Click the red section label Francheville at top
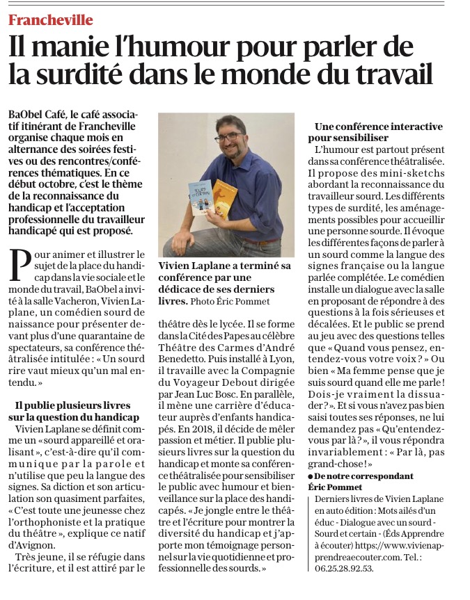click(x=50, y=20)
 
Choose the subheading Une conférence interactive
click(x=378, y=127)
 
